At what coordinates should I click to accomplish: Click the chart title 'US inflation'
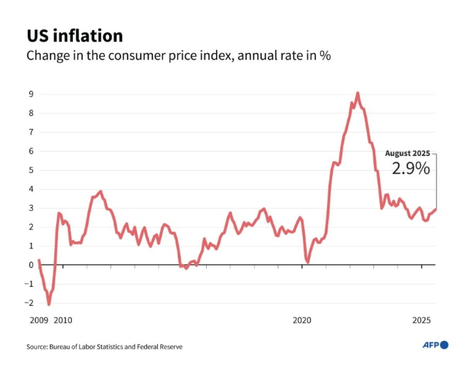[75, 36]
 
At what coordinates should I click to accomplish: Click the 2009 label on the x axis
[39, 320]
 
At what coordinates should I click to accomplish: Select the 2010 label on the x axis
[63, 320]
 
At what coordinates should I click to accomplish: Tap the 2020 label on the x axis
[302, 320]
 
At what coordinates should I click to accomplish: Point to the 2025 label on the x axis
[421, 320]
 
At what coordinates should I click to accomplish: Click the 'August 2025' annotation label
[407, 154]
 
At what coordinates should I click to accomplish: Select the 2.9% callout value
[410, 169]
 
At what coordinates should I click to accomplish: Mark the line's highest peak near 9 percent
[357, 93]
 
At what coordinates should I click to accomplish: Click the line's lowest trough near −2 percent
[49, 304]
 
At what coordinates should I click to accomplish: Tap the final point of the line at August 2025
[436, 209]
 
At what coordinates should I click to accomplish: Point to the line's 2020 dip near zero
[308, 262]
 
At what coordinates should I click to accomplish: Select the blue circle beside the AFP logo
[444, 345]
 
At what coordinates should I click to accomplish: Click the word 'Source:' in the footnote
[37, 347]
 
